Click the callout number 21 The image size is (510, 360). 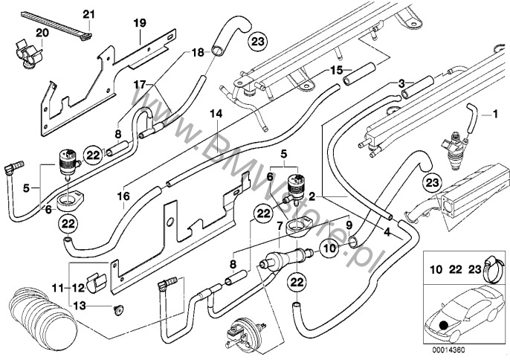coord(89,15)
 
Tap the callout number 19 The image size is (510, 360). coord(139,23)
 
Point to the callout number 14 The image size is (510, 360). coord(216,115)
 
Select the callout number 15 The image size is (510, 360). coord(336,71)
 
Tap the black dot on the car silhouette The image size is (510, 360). coord(444,326)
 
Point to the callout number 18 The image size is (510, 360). coord(176,53)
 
